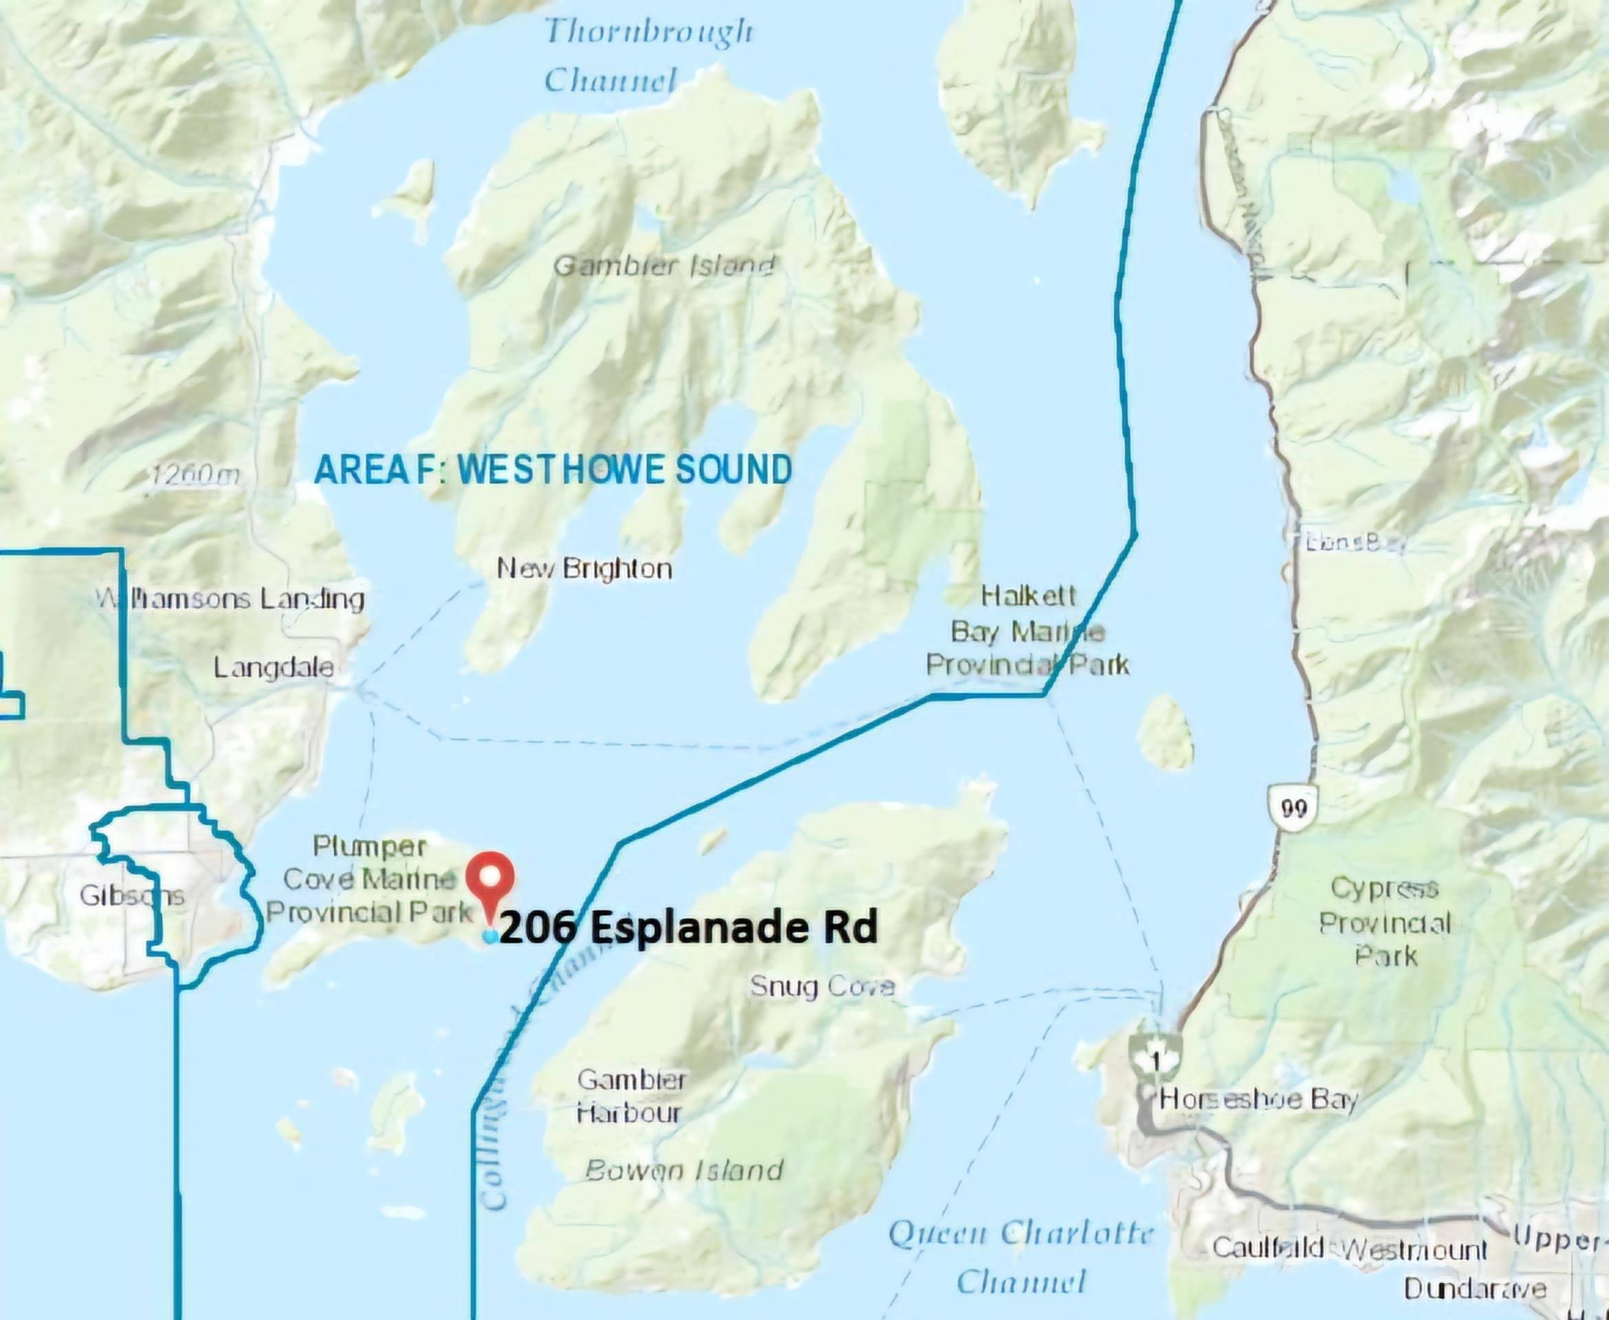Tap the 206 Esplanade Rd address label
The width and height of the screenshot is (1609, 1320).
(689, 927)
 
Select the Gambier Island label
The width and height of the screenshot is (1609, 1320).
(663, 266)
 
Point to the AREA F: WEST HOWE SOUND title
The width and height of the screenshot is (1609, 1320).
(553, 469)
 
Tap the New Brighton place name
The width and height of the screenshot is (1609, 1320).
(584, 569)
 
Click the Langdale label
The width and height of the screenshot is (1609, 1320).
(273, 668)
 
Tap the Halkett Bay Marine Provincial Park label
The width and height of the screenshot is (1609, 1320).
(1027, 630)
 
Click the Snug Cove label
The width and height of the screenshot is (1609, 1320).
(822, 986)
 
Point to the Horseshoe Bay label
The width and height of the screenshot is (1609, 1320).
(1258, 1099)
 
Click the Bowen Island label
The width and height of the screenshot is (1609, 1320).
(683, 1169)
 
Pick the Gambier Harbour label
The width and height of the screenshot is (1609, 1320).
(631, 1096)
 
